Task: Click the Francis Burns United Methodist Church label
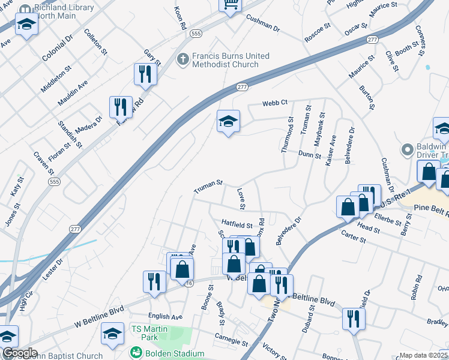(x=231, y=60)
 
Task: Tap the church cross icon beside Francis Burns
(x=183, y=60)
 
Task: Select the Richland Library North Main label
(x=56, y=11)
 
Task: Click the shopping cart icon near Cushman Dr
(x=230, y=5)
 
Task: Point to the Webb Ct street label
(x=276, y=103)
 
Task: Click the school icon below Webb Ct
(x=228, y=122)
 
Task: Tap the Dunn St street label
(x=310, y=155)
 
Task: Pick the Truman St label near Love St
(x=208, y=187)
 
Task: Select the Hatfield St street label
(x=237, y=225)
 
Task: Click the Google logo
(x=20, y=353)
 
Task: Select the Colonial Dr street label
(x=58, y=48)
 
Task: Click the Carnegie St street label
(x=231, y=340)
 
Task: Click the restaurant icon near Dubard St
(x=353, y=319)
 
